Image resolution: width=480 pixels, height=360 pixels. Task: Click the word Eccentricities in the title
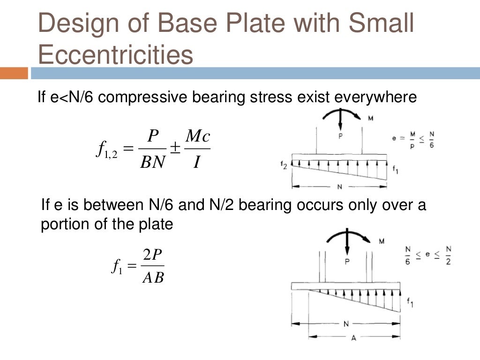pos(115,55)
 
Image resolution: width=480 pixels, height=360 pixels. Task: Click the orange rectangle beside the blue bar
pos(14,74)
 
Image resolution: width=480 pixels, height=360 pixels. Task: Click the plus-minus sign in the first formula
pos(175,148)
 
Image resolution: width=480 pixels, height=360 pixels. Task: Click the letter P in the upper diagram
pos(341,135)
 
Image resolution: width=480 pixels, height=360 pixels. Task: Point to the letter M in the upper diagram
pos(370,118)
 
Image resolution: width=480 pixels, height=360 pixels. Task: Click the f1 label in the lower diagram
pos(410,303)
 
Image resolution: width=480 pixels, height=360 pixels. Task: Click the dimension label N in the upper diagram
pos(339,187)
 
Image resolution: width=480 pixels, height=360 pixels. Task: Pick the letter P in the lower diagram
pos(347,262)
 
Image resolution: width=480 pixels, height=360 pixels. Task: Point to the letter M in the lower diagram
pos(382,241)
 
